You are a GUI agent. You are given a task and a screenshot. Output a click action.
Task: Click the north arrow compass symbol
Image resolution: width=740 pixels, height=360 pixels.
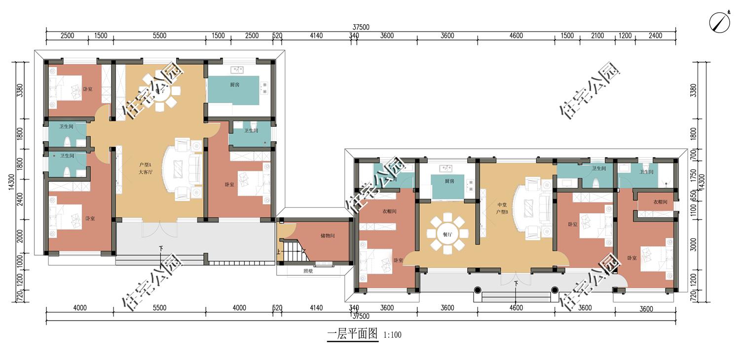pyautogui.click(x=720, y=22)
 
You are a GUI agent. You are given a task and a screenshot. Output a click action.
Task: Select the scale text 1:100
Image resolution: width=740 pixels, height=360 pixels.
pyautogui.click(x=392, y=335)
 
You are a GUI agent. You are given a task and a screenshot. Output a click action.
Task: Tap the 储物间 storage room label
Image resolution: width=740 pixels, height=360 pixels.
pyautogui.click(x=327, y=236)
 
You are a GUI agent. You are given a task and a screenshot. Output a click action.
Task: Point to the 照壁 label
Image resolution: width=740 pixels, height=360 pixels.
pyautogui.click(x=308, y=271)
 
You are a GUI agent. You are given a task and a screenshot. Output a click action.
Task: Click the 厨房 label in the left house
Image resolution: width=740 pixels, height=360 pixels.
pyautogui.click(x=235, y=85)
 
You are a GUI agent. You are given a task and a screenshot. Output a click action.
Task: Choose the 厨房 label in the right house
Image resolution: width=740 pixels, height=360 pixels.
pyautogui.click(x=448, y=181)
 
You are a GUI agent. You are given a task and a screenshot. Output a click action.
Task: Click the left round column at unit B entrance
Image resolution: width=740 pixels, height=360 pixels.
pyautogui.click(x=477, y=290)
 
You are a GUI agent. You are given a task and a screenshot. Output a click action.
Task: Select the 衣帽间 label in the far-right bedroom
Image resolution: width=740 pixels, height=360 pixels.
pyautogui.click(x=660, y=202)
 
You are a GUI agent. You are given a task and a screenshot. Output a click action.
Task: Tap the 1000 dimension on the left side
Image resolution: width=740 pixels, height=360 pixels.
pyautogui.click(x=20, y=261)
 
